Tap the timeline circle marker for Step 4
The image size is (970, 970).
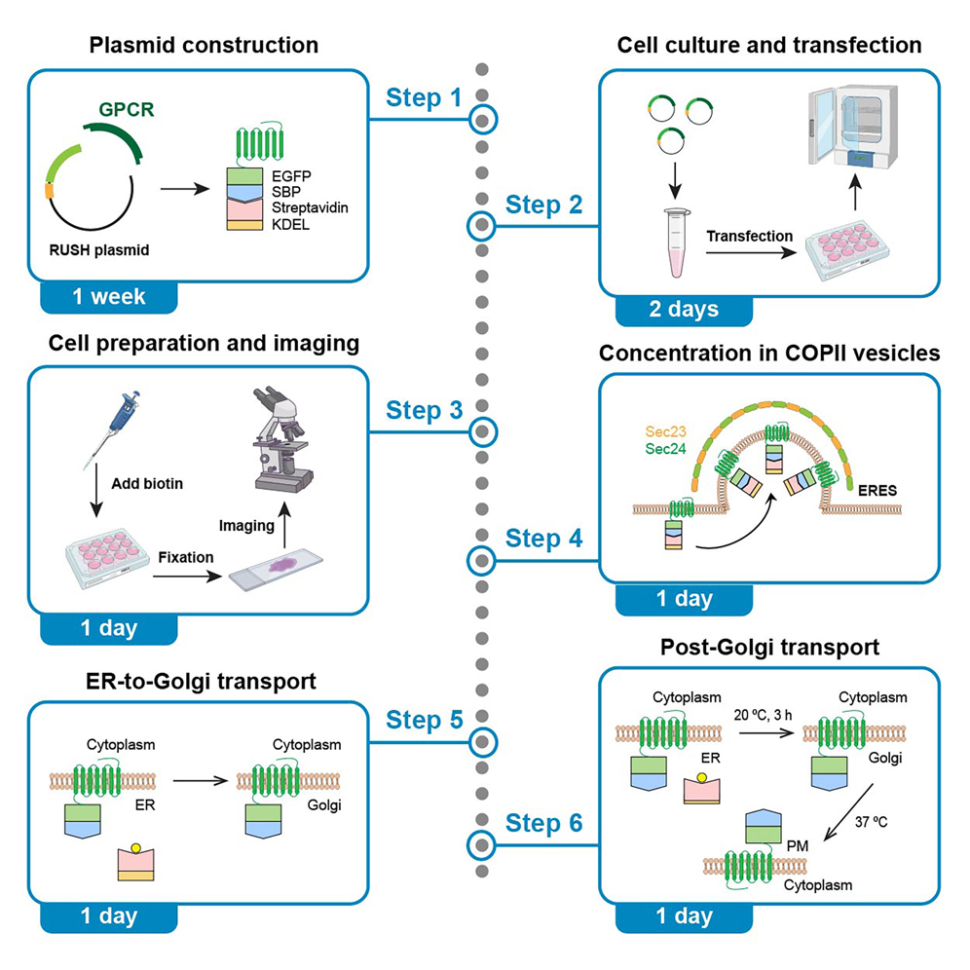(483, 560)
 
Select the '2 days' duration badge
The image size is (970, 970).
(684, 309)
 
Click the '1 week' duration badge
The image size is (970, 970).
(108, 297)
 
